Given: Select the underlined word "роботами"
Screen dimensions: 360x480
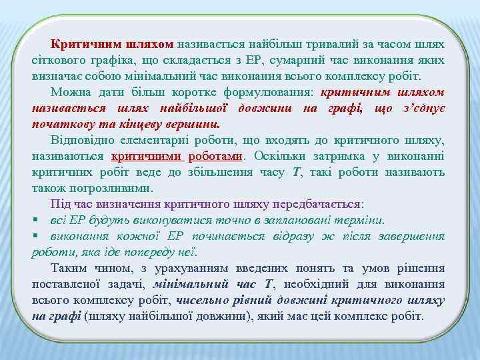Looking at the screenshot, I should point(215,155).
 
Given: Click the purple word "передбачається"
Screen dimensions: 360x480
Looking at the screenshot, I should point(316,203).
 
